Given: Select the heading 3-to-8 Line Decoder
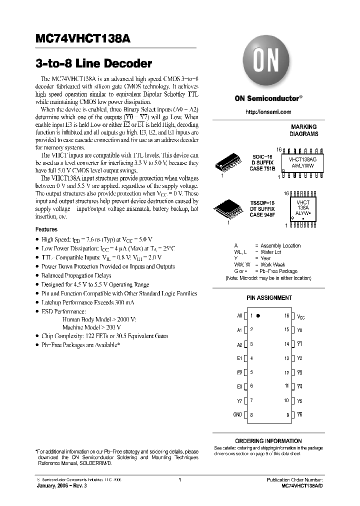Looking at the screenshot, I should [x=93, y=64].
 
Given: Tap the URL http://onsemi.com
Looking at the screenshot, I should [x=268, y=112].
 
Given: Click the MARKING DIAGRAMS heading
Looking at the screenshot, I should [x=303, y=130].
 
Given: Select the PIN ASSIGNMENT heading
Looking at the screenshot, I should [x=269, y=297].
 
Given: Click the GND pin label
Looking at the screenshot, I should [x=237, y=414].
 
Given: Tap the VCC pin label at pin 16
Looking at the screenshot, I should [x=300, y=316].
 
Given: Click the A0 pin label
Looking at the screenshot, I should [x=239, y=316].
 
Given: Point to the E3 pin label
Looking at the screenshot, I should [x=239, y=386].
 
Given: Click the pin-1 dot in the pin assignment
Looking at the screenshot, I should [x=264, y=316].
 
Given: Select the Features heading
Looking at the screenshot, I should [x=46, y=229].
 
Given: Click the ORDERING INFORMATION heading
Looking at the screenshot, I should [x=268, y=441].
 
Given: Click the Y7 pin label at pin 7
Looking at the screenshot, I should [x=239, y=400].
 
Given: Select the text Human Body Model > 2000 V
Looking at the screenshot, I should [x=99, y=318].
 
